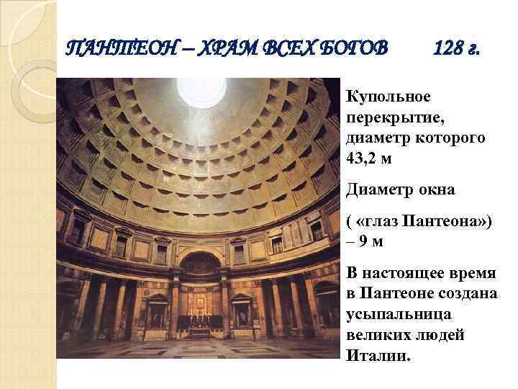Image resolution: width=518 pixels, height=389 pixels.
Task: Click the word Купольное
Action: point(388,97)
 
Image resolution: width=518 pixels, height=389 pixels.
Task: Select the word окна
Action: point(435,190)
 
